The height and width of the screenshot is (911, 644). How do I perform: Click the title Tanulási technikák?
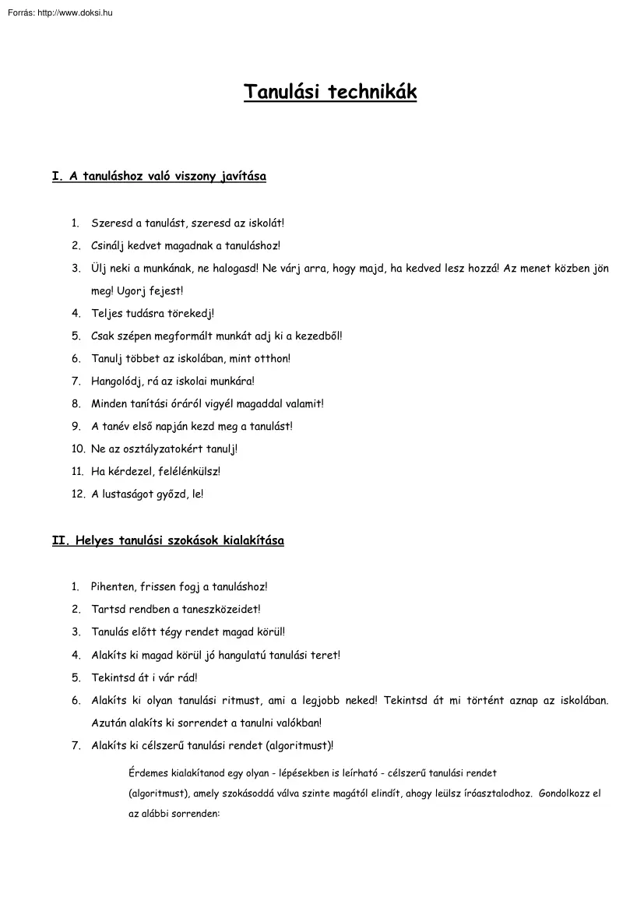(x=330, y=93)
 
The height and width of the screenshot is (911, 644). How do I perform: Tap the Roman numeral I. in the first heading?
(x=57, y=177)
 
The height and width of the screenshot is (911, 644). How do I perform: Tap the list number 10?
(x=78, y=449)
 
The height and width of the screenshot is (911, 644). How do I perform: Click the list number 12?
(x=78, y=494)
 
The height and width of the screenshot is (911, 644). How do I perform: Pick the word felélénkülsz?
(x=187, y=472)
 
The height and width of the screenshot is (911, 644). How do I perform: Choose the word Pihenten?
(x=113, y=587)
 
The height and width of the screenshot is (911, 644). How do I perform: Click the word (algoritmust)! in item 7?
(x=301, y=746)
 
